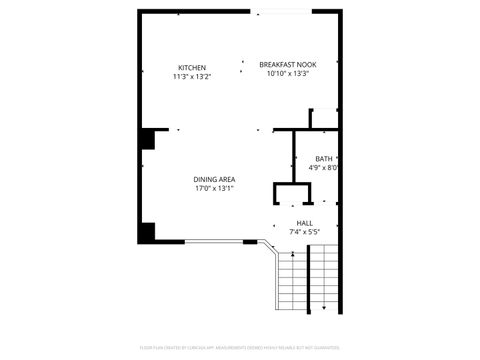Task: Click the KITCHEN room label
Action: [192, 67]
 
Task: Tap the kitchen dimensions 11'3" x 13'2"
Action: [192, 75]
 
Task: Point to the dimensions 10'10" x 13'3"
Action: [287, 73]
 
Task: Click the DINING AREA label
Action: [213, 179]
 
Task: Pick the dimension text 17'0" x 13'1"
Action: [213, 188]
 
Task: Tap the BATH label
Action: [324, 159]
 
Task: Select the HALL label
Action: [304, 223]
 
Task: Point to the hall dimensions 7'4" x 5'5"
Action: [304, 232]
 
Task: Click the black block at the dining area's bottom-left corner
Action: [147, 233]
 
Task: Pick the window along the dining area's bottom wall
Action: [213, 241]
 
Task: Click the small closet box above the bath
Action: [326, 119]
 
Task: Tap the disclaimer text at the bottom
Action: [239, 348]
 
